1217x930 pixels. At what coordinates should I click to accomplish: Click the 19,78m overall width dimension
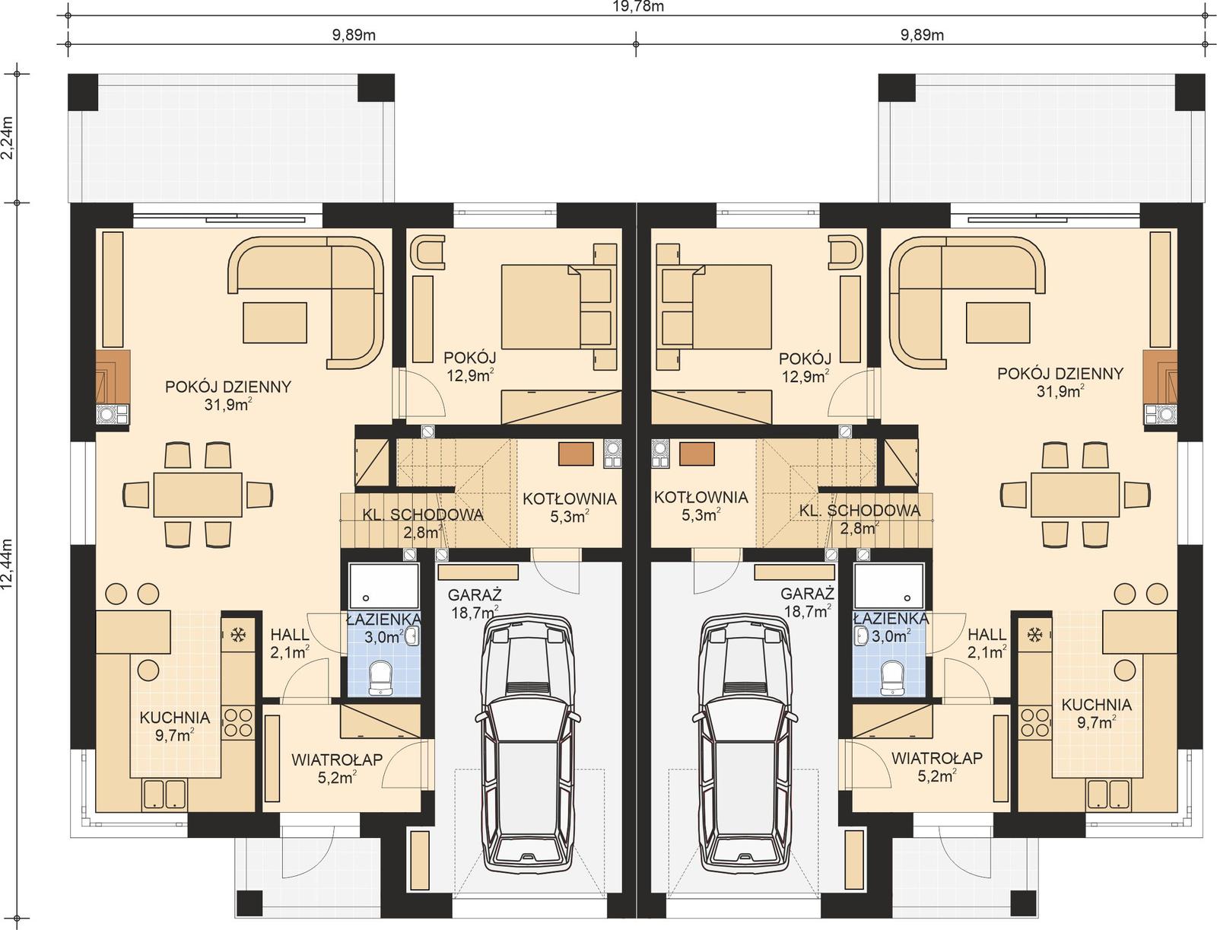tap(637, 7)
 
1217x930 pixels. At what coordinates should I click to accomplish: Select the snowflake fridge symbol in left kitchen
tap(237, 634)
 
